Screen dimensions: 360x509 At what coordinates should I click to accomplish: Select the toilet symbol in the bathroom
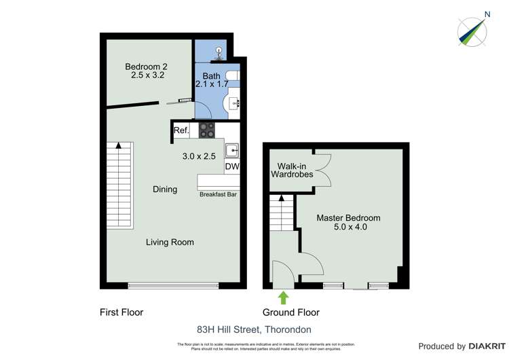coord(219,51)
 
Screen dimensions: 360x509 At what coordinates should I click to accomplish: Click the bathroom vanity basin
coord(233,103)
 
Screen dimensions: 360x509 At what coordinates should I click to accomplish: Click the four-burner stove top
coord(207,129)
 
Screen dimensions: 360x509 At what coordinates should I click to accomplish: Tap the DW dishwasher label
coord(232,166)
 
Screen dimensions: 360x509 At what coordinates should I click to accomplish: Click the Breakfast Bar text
coord(218,195)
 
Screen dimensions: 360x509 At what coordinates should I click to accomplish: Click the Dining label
coord(165,190)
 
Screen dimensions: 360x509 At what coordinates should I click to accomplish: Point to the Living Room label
coord(170,242)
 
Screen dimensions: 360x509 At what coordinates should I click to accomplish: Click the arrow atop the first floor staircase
coord(119,145)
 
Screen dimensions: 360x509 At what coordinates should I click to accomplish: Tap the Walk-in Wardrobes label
coord(292,170)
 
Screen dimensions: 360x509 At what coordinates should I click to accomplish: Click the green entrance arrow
coord(283,297)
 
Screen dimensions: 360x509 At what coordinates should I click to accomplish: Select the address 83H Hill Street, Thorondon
coord(254,329)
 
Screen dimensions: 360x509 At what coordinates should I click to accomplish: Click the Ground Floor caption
coord(290,312)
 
